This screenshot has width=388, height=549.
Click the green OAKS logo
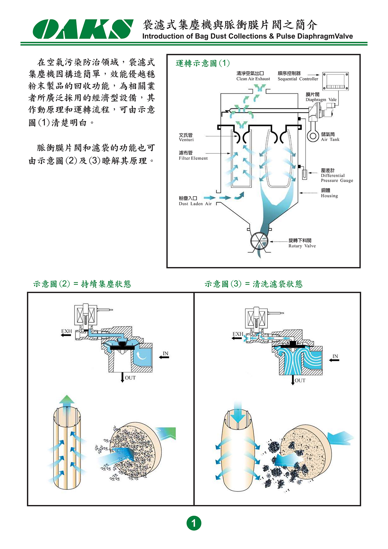pyautogui.click(x=83, y=29)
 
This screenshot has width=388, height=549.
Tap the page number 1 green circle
pyautogui.click(x=194, y=523)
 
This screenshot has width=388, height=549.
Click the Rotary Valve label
pyautogui.click(x=302, y=243)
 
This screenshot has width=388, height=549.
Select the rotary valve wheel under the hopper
pyautogui.click(x=259, y=242)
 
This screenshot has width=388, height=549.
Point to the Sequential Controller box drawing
pyautogui.click(x=335, y=81)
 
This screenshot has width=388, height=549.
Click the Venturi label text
pyautogui.click(x=186, y=137)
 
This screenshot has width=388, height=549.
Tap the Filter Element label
pyautogui.click(x=193, y=156)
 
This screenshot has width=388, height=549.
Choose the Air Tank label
pyautogui.click(x=330, y=137)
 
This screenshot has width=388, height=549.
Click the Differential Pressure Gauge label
pyautogui.click(x=337, y=175)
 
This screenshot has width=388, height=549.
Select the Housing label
pyautogui.click(x=329, y=193)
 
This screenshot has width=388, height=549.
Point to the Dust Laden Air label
pyautogui.click(x=195, y=201)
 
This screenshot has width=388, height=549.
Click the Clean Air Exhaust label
pyautogui.click(x=253, y=76)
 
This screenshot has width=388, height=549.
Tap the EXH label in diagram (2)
pyautogui.click(x=66, y=331)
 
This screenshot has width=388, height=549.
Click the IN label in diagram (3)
pyautogui.click(x=335, y=356)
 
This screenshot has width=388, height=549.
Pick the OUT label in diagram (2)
pyautogui.click(x=130, y=378)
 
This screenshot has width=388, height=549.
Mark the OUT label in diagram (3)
pyautogui.click(x=300, y=380)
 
